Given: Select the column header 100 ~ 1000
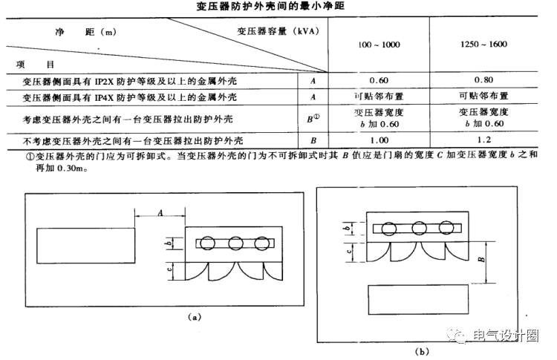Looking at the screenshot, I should tap(379, 45).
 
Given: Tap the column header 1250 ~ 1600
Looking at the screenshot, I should tap(483, 45).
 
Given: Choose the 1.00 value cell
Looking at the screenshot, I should tap(379, 140).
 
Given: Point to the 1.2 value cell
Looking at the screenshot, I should tap(483, 140).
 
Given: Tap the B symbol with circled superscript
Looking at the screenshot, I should tap(315, 117).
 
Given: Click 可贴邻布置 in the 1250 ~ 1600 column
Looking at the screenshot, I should tap(483, 97).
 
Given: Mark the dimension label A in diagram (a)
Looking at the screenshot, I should tap(160, 212).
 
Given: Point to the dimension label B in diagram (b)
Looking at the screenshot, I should tap(481, 261).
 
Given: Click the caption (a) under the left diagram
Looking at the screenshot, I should tap(195, 317).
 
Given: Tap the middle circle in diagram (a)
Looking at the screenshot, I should tap(236, 243).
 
